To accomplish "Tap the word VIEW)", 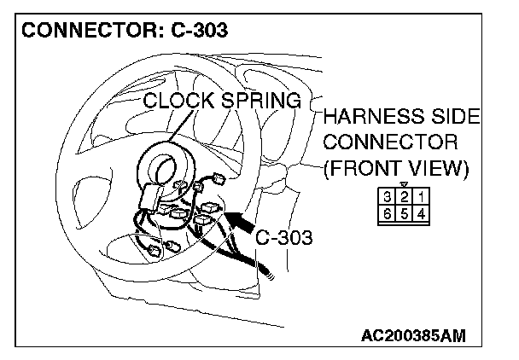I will (x=443, y=167).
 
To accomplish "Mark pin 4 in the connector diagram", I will (x=420, y=213).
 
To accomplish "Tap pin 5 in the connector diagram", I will (x=404, y=213).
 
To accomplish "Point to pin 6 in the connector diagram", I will (x=388, y=213).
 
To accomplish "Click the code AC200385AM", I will (x=413, y=335).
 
